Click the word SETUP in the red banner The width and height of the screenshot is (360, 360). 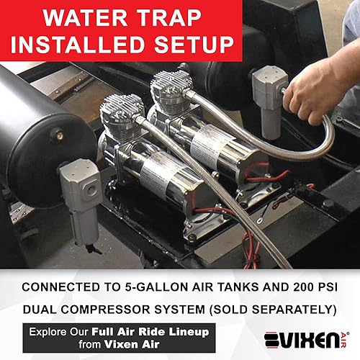click(189, 42)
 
